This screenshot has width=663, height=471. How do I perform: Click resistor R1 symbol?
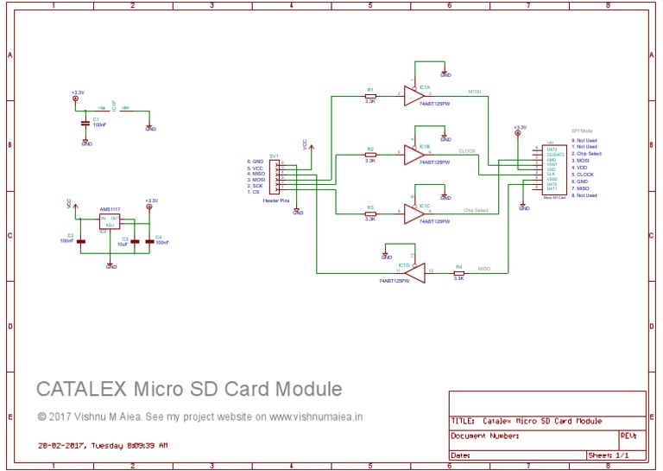coord(370,95)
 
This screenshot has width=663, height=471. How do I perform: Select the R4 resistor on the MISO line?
coord(458,273)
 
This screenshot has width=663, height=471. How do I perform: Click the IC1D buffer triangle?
coord(414,273)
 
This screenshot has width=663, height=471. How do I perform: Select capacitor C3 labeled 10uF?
coord(135,242)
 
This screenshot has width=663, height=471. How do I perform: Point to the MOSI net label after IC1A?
coord(475,89)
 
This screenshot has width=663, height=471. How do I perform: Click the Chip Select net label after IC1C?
coord(476,210)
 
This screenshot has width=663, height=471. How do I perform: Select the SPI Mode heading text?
coord(582,131)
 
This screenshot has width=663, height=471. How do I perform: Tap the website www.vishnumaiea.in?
coord(316,416)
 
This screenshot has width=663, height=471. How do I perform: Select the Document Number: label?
coord(483,436)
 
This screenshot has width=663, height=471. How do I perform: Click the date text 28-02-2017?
coord(60,447)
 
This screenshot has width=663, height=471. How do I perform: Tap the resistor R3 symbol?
coord(370,213)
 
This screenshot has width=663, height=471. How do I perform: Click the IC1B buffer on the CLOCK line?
coord(414,155)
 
